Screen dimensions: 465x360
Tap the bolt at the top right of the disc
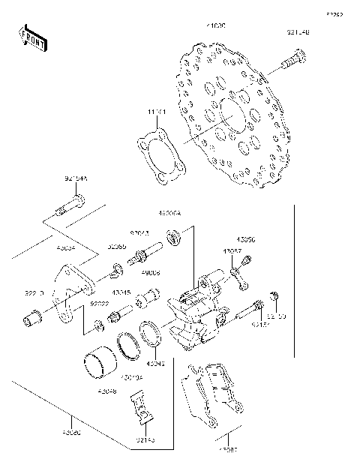(x=293, y=60)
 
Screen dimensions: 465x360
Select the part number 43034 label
(x=67, y=245)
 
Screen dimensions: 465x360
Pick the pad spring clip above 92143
(x=142, y=409)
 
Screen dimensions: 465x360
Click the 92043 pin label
(x=139, y=233)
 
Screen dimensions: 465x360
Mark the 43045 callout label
(x=121, y=292)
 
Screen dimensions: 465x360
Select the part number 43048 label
(x=106, y=391)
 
